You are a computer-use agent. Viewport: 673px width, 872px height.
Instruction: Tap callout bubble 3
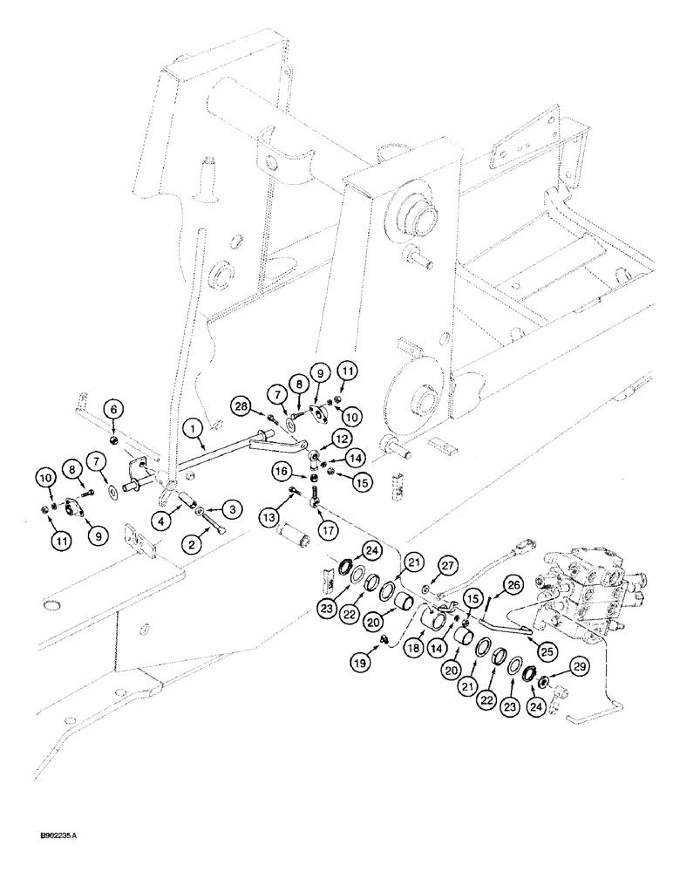click(233, 508)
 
